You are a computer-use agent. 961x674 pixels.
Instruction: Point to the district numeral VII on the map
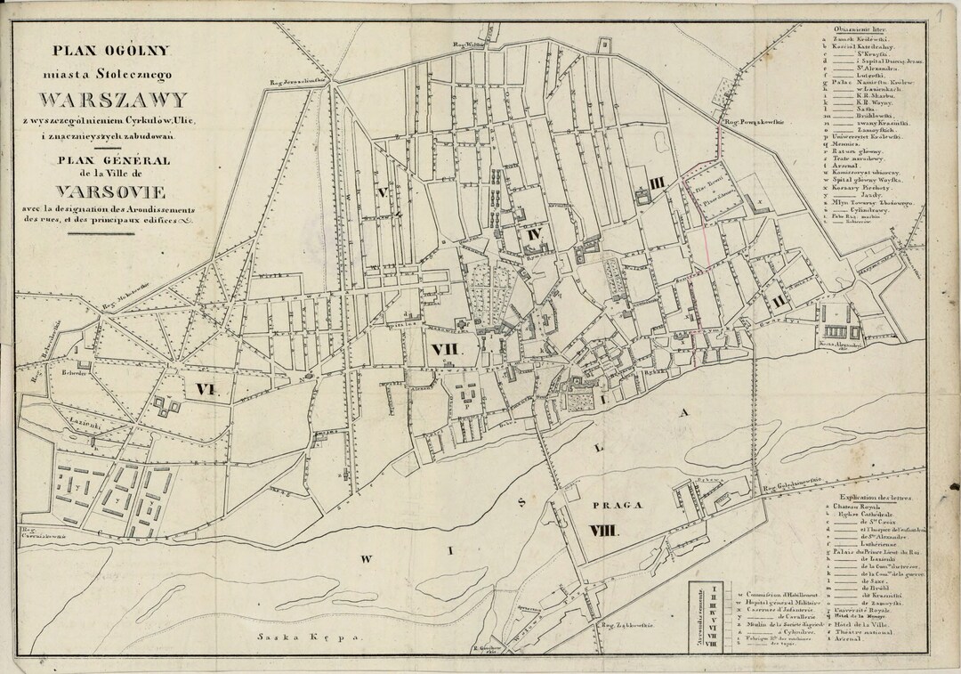tap(442, 348)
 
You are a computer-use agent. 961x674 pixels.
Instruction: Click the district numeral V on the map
tap(384, 191)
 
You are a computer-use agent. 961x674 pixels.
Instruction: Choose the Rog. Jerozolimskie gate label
tap(300, 81)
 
